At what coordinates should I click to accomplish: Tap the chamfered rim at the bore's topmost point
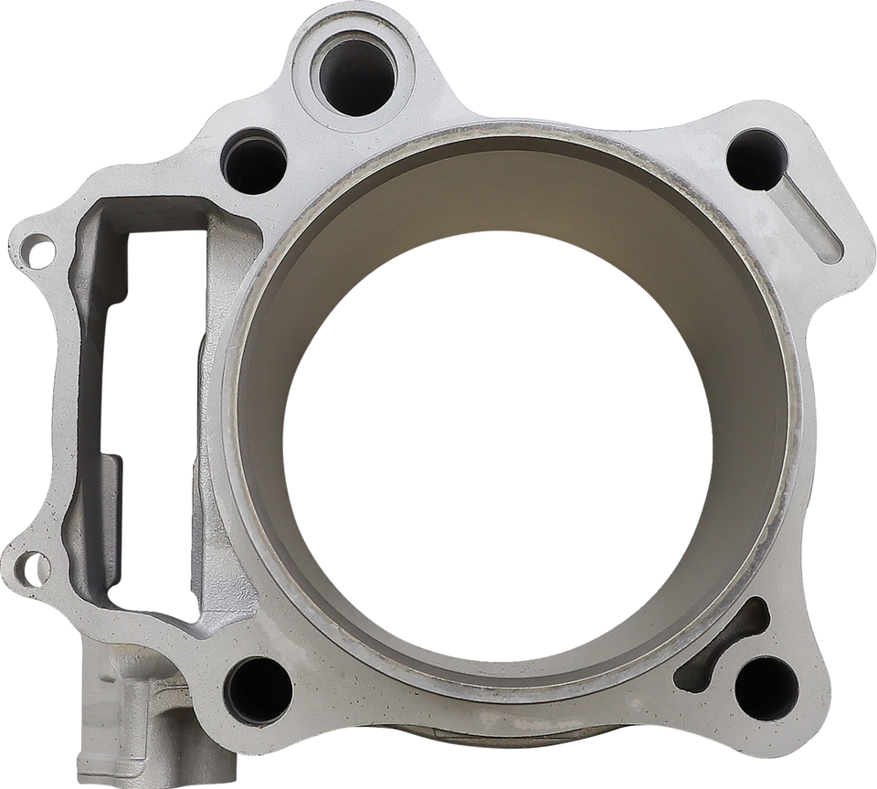(512, 135)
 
